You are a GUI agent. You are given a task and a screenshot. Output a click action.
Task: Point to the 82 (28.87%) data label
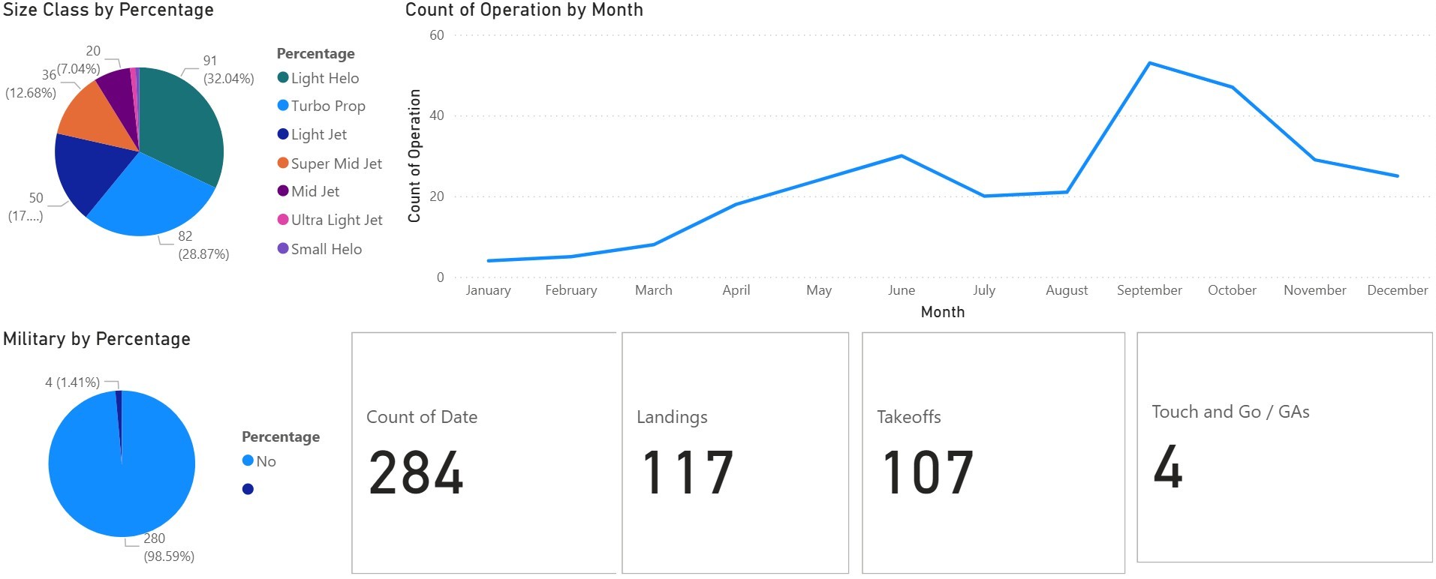[x=203, y=245]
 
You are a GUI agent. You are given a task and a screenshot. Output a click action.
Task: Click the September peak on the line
[x=1149, y=63]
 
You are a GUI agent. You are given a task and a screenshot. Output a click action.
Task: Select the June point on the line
[x=902, y=156]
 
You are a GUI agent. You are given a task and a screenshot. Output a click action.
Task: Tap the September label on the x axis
[x=1148, y=290]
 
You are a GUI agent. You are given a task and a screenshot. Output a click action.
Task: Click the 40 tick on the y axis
[x=436, y=115]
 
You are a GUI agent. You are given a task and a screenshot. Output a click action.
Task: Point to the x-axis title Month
[x=942, y=312]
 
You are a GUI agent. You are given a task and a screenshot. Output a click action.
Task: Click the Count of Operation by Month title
[x=524, y=10]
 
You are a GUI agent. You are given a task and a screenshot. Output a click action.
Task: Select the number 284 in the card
[x=416, y=472]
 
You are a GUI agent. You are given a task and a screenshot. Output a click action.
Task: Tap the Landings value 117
[x=687, y=472]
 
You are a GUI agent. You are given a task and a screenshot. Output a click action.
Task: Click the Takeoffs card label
[x=908, y=417]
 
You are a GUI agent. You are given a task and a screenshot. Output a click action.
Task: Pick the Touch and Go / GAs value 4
[x=1168, y=466]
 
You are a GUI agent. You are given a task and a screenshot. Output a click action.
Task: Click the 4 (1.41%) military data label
[x=72, y=382]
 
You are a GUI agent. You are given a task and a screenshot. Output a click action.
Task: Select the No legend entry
[x=265, y=461]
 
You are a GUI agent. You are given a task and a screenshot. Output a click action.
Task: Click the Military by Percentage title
[x=97, y=339]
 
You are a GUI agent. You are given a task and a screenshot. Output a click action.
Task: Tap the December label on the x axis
[x=1397, y=290]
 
